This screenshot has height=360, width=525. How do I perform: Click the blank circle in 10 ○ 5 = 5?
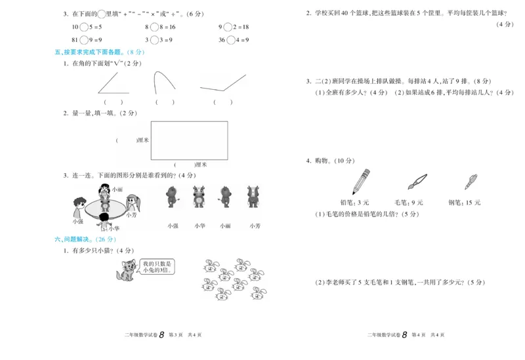[x=83, y=27]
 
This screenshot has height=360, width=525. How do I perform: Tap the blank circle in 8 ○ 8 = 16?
[x=154, y=27]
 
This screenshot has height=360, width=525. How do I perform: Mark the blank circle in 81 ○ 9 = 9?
[x=83, y=39]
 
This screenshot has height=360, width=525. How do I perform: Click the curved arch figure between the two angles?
[x=164, y=83]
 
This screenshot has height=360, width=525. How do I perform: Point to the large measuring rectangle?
[x=189, y=140]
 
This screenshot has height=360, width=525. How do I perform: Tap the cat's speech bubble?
[x=156, y=266]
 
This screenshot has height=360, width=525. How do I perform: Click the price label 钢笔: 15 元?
[x=464, y=203]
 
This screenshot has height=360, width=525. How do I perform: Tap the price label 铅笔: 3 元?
[x=355, y=203]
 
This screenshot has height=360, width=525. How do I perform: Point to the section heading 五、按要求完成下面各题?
[x=98, y=52]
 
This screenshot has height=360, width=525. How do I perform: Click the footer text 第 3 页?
[x=176, y=335]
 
